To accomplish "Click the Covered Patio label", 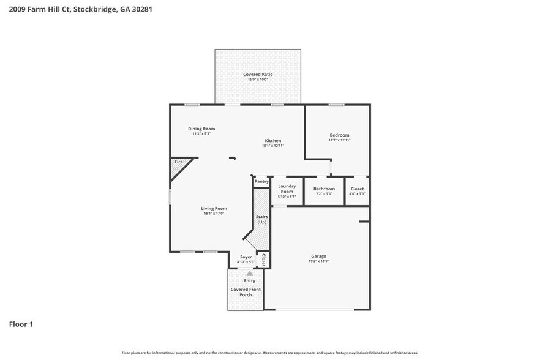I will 258,74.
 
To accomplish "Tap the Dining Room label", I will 201,129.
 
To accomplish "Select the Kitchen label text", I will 272,140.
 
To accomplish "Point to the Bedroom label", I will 339,135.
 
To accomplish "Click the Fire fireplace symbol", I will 179,162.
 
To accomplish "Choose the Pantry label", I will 261,181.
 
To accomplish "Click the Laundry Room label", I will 287,189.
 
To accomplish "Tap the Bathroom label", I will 324,189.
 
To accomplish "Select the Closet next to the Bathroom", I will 357,189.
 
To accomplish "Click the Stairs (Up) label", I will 261,219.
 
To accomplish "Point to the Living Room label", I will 214,208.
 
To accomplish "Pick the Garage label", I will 318,256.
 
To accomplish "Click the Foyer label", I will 246,257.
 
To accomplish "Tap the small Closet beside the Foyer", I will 264,260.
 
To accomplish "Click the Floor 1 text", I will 21,324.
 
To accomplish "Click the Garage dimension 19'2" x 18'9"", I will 318,261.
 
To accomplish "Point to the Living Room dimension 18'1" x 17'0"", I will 214,214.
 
